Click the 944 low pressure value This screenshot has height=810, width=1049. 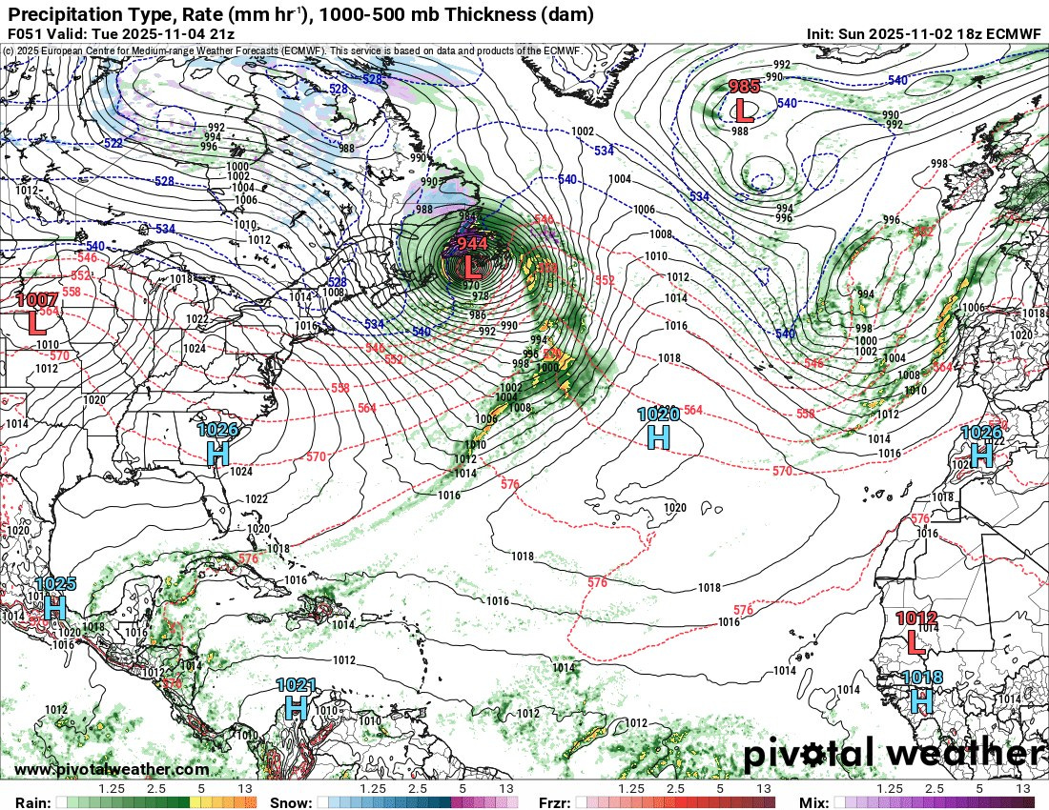472,243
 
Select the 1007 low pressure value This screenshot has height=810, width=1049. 37,300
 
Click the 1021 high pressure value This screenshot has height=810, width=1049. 296,684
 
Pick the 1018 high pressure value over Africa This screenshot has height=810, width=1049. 921,678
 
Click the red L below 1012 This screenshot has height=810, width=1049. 915,641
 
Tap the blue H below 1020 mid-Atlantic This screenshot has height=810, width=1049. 658,436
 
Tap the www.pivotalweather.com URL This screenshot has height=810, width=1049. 112,769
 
